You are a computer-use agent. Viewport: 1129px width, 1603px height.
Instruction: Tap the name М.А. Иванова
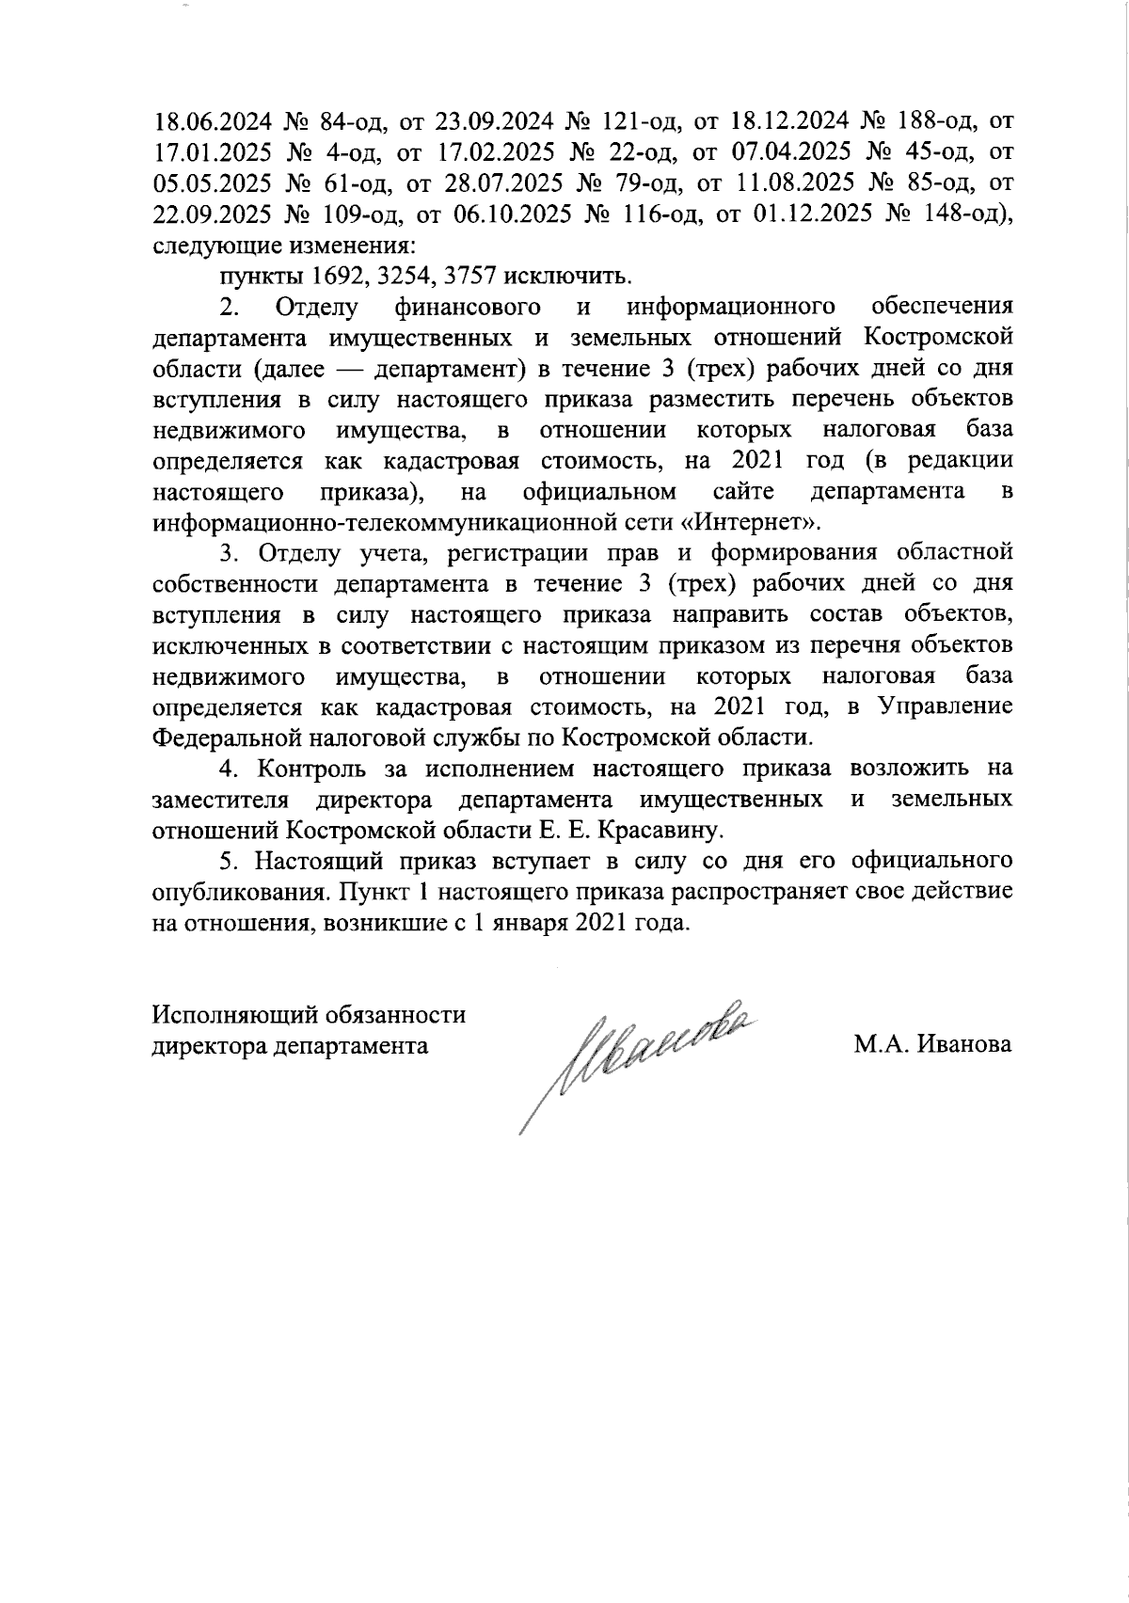coord(932,1045)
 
